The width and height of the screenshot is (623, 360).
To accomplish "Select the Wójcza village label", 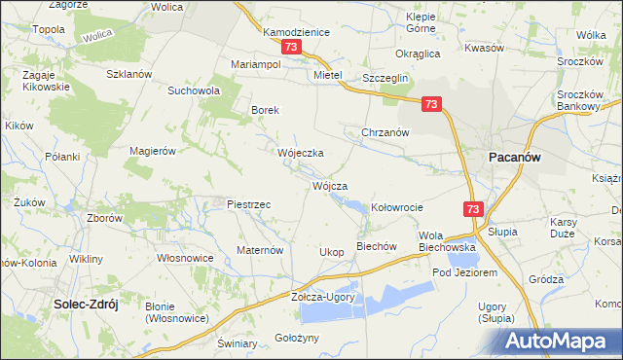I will [329, 184].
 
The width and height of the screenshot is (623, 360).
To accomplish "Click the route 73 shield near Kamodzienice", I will [289, 47].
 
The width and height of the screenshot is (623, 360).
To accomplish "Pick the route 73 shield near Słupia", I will [472, 209].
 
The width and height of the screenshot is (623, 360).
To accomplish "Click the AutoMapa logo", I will [562, 340].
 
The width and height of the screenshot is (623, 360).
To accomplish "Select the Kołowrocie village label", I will [397, 207].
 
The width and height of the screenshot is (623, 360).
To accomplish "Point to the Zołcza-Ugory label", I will [323, 297].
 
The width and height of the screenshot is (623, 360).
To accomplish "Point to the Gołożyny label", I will [297, 336].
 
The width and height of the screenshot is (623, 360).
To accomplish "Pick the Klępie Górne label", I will [421, 22].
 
